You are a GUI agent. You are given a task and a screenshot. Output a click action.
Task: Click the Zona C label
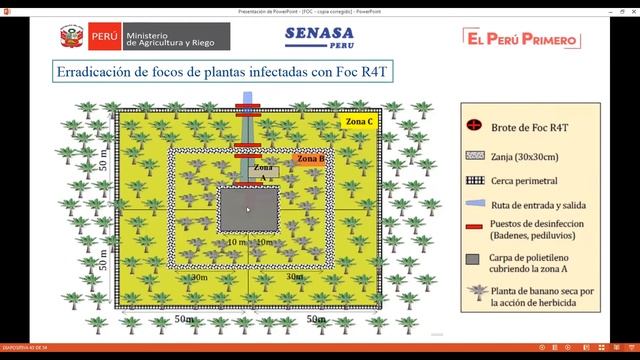click(359, 122)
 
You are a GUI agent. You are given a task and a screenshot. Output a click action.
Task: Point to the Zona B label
click(311, 158)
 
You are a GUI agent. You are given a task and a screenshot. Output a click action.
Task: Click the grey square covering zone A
click(248, 212)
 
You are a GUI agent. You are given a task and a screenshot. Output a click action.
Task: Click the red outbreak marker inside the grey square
click(248, 208)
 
